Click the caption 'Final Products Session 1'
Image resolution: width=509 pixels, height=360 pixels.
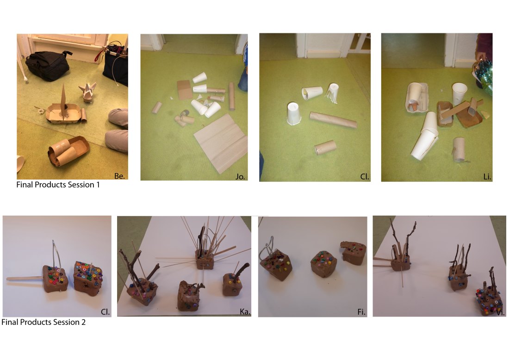[58, 185]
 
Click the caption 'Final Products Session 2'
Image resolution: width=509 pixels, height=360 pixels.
[43, 322]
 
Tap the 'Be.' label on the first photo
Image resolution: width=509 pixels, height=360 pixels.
[119, 176]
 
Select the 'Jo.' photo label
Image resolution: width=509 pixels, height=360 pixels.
[240, 177]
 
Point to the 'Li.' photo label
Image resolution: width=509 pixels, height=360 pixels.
[487, 177]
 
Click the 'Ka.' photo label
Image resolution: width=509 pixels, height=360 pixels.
[245, 312]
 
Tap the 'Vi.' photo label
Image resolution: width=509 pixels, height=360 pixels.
[500, 313]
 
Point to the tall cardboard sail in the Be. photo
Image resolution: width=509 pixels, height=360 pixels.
[63, 99]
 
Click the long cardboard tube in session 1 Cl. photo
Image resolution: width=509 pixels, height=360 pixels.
[333, 120]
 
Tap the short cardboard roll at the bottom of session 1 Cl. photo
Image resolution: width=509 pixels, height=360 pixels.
[325, 147]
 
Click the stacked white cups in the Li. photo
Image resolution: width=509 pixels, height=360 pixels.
[425, 136]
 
